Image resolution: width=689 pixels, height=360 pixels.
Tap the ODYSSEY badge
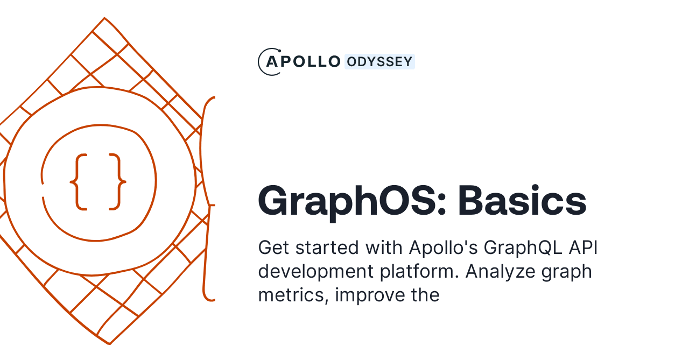379,62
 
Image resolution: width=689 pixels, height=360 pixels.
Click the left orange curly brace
79,182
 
